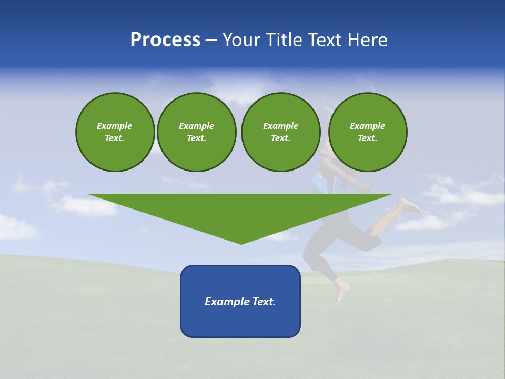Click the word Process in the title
[165, 40]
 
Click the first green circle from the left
[115, 132]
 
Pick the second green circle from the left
[197, 132]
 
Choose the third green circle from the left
[281, 132]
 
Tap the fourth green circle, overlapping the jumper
[368, 132]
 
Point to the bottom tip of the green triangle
[241, 243]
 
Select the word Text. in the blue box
[264, 302]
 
